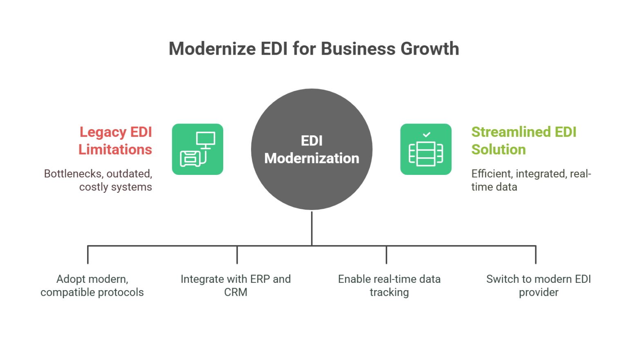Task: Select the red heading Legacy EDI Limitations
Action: click(116, 141)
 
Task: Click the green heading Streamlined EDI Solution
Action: click(523, 141)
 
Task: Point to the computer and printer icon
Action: click(197, 149)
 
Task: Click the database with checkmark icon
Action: click(426, 149)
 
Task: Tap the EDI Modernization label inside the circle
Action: click(312, 150)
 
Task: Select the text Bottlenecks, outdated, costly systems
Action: click(98, 180)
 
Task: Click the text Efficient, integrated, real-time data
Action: click(531, 180)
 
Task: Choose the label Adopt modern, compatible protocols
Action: click(92, 286)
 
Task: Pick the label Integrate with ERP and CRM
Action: click(236, 286)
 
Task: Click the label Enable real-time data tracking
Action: click(389, 286)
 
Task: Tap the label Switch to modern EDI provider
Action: click(538, 286)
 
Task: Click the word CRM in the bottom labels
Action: click(236, 293)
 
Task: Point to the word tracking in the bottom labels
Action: click(389, 293)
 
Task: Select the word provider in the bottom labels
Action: click(538, 293)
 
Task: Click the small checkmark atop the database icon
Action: click(426, 134)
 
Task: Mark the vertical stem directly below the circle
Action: click(312, 228)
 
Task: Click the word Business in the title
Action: click(358, 49)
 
